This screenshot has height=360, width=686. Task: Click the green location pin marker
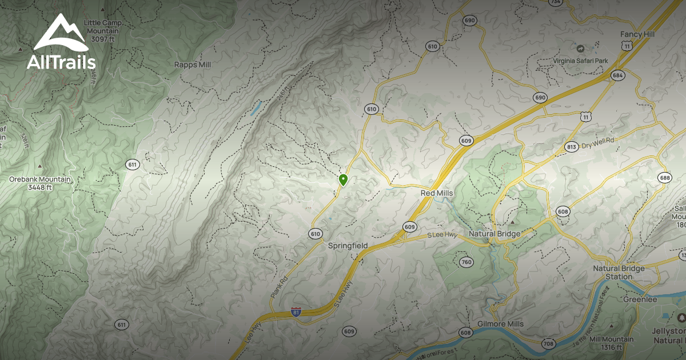[x=343, y=180]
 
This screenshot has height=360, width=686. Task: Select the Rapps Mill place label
[x=193, y=65]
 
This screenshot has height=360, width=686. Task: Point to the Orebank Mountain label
[x=40, y=183]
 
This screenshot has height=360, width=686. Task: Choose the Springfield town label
[x=348, y=246]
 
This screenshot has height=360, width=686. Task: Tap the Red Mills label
[x=437, y=193]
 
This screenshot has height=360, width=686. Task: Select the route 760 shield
[x=466, y=262]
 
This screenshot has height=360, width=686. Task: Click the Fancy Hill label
[x=637, y=34]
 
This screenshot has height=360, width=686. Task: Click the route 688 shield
[x=664, y=177]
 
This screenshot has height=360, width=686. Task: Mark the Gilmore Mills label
[x=500, y=324]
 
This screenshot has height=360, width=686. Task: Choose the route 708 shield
[x=548, y=343]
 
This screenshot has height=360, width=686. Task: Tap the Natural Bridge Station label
[x=619, y=273]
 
